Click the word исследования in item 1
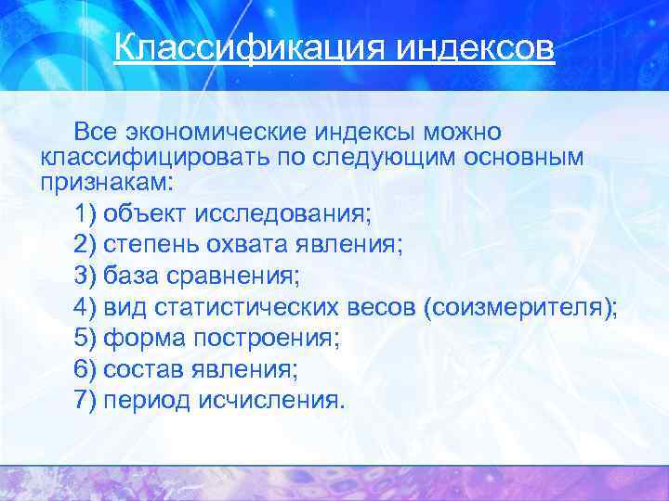click(292, 214)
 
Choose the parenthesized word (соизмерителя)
click(520, 308)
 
